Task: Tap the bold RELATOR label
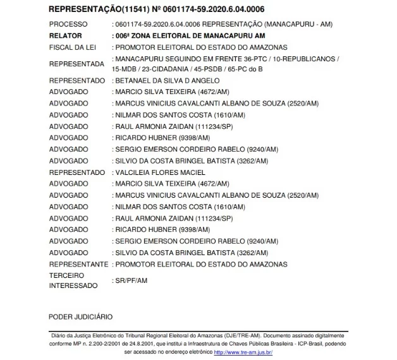65,35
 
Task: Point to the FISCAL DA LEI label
71,47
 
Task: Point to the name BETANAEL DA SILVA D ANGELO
165,80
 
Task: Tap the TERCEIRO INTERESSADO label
73,280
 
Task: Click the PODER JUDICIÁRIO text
80,315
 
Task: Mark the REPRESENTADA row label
76,64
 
